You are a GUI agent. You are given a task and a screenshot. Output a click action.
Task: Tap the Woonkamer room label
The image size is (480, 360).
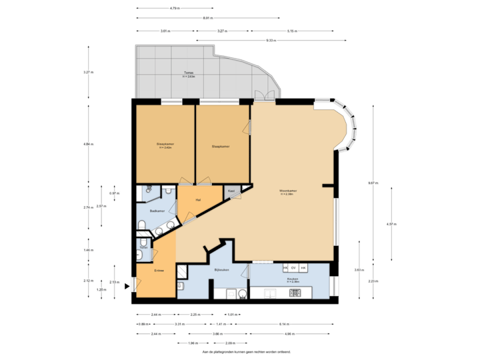coord(288,191)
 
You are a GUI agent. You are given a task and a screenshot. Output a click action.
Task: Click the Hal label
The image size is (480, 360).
coord(198,199)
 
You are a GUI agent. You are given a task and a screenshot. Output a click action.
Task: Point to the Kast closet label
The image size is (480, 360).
coord(231,191)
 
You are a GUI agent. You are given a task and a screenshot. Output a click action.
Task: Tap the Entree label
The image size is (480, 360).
coord(159,270)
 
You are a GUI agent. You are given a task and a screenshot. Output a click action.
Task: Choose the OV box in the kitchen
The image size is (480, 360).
coord(294,267)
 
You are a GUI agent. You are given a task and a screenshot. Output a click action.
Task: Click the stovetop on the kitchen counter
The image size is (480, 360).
coord(294,293)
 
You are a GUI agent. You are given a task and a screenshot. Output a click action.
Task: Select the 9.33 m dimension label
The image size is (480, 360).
coord(271,41)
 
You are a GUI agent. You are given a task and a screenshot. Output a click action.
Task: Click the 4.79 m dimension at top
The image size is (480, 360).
coord(174,8)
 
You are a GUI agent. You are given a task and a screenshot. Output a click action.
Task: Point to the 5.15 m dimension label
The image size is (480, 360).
coord(291,31)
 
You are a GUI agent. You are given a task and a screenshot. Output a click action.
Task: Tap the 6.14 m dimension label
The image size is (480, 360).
coord(284,324)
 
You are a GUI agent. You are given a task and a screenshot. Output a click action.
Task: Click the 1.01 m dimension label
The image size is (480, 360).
coord(232,314)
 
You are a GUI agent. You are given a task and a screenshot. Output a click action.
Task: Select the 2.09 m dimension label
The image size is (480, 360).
coord(221,343)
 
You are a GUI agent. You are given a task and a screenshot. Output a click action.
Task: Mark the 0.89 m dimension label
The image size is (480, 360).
coord(143,324)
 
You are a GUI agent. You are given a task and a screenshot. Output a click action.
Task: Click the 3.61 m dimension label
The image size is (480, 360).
coord(165,31)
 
